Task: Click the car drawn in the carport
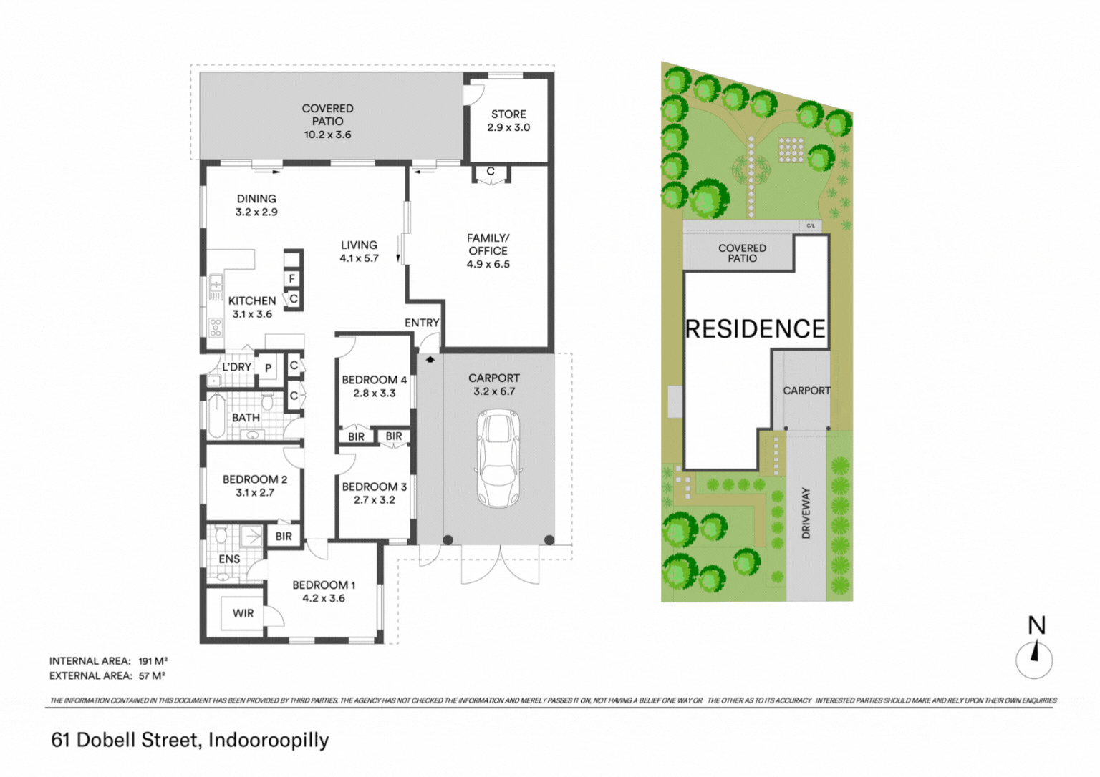coord(498,459)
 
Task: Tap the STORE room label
coord(508,114)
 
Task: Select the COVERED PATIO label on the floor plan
coord(327,114)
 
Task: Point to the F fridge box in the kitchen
coord(292,278)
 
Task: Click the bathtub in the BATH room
coord(216,416)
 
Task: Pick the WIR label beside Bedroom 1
coord(243,613)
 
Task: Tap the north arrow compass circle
coord(1033,660)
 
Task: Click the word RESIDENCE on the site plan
coord(756,328)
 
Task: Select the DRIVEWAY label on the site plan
coord(806,513)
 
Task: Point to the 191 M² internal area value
coord(153,661)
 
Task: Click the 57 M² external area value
coord(152,675)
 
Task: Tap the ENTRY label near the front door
coord(422,322)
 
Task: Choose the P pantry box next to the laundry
coord(268,368)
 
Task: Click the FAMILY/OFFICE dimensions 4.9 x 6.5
coord(488,264)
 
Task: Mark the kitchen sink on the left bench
coord(216,288)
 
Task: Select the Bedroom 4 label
coord(375,380)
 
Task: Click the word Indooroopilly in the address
coord(269,741)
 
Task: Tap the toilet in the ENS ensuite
coord(221,534)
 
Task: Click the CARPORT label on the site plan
coord(806,391)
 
